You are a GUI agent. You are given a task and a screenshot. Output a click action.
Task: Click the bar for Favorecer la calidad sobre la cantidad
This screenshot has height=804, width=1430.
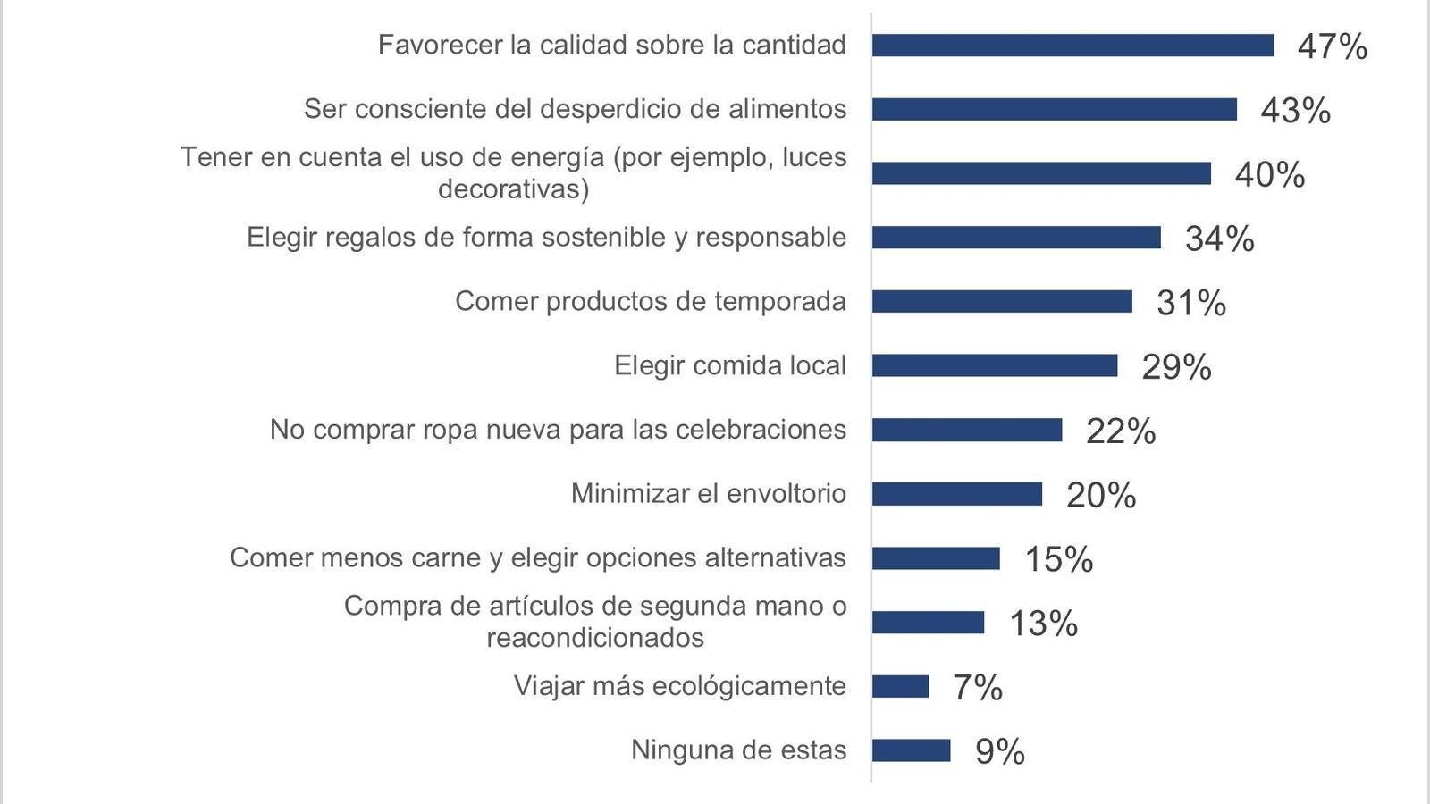(1072, 45)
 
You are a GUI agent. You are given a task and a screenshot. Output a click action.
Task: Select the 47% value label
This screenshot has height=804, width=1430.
(1332, 46)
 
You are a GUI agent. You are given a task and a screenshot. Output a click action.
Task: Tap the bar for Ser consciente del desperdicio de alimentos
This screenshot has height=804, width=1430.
(1055, 109)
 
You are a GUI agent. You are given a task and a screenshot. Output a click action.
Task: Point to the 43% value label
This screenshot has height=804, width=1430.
(1295, 111)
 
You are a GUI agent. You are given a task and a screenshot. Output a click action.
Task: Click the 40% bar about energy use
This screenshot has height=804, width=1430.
(1041, 173)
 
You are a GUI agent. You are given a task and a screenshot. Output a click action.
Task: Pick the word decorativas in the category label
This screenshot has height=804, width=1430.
(513, 189)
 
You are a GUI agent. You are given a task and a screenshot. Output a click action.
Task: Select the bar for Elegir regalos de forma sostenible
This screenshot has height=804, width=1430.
(1016, 238)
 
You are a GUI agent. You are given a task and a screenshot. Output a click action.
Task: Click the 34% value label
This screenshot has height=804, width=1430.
(1219, 239)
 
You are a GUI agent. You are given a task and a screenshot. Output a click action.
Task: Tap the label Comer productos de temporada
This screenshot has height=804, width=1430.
(650, 301)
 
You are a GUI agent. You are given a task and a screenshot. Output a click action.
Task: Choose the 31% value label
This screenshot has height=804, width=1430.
(1190, 304)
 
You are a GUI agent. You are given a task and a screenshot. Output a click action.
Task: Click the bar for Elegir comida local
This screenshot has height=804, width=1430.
(995, 365)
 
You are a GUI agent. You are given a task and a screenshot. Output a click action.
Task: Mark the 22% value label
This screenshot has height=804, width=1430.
(1121, 431)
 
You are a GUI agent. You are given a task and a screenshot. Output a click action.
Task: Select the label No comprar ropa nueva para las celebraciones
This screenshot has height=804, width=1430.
(558, 430)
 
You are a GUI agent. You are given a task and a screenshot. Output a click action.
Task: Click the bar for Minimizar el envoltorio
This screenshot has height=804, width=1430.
(957, 494)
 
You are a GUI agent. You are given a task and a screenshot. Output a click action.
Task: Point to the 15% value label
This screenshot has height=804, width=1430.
(1058, 560)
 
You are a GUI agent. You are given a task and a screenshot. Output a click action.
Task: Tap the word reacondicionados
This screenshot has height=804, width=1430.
(595, 638)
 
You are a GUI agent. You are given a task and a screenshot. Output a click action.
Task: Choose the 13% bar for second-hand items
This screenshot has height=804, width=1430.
(928, 623)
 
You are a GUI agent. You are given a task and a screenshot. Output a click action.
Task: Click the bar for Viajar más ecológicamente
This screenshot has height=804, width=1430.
(900, 686)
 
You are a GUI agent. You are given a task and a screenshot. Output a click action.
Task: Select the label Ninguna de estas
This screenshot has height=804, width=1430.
(738, 750)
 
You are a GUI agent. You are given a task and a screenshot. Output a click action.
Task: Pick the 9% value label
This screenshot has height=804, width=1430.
(999, 752)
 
